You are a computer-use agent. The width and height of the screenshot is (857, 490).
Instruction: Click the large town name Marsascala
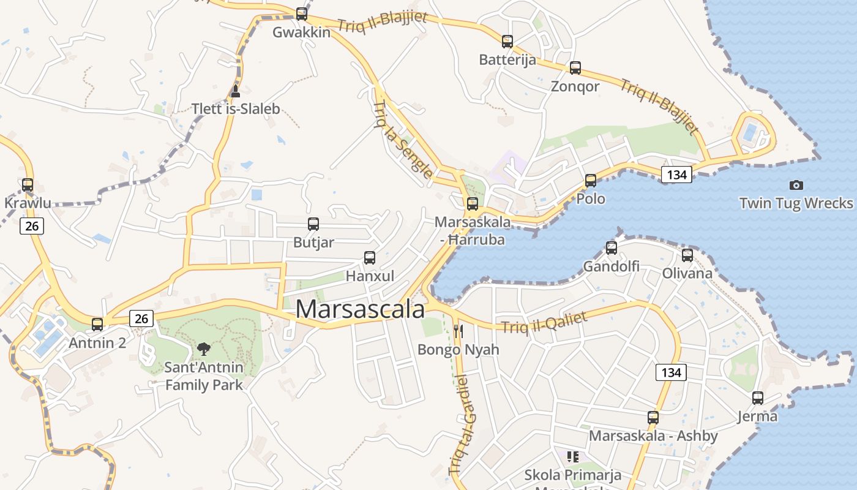pyautogui.click(x=360, y=309)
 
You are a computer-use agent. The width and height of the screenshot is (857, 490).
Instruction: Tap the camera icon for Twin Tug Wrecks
pyautogui.click(x=796, y=185)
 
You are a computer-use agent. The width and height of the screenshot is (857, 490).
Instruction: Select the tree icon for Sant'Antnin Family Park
pyautogui.click(x=204, y=349)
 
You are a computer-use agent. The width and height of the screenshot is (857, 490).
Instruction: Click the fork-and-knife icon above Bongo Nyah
pyautogui.click(x=458, y=331)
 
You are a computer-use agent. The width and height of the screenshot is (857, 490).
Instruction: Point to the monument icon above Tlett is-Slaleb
pyautogui.click(x=236, y=91)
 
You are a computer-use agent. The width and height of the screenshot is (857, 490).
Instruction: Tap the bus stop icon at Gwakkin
pyautogui.click(x=301, y=13)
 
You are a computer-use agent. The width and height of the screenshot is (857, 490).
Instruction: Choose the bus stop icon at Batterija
pyautogui.click(x=507, y=42)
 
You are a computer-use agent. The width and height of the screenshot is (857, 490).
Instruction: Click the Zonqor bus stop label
pyautogui.click(x=575, y=86)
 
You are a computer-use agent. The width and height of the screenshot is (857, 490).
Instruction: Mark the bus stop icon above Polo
pyautogui.click(x=591, y=181)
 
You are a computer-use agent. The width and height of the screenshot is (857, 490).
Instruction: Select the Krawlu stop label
pyautogui.click(x=28, y=203)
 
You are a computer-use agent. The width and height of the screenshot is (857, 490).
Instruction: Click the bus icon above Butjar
pyautogui.click(x=313, y=224)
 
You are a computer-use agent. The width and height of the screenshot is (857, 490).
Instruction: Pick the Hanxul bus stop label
pyautogui.click(x=370, y=276)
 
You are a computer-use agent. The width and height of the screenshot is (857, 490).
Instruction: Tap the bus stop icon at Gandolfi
pyautogui.click(x=612, y=248)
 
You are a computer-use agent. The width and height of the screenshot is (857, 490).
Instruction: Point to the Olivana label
pyautogui.click(x=687, y=273)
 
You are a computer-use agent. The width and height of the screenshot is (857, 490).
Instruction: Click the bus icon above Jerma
pyautogui.click(x=758, y=398)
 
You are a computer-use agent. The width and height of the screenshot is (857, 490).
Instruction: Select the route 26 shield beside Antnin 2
pyautogui.click(x=141, y=318)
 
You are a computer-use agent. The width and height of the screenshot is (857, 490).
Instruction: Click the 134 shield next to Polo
pyautogui.click(x=676, y=175)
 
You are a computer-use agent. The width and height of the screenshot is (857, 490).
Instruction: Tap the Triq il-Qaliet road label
pyautogui.click(x=544, y=323)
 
